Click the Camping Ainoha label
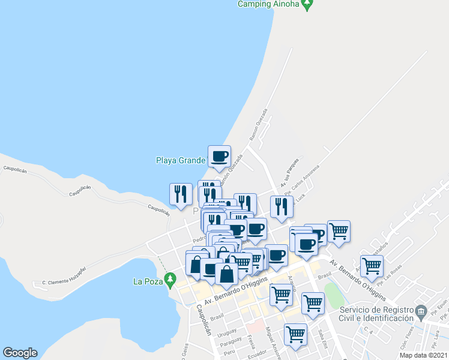[x=268, y=4]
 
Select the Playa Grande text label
[x=181, y=160]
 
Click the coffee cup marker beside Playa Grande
[x=219, y=157]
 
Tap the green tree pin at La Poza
[x=170, y=279]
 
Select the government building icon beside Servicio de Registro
[x=422, y=311]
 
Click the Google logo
[x=20, y=353]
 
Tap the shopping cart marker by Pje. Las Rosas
[x=372, y=266]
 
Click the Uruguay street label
[x=227, y=332]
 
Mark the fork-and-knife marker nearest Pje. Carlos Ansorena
[x=281, y=207]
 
